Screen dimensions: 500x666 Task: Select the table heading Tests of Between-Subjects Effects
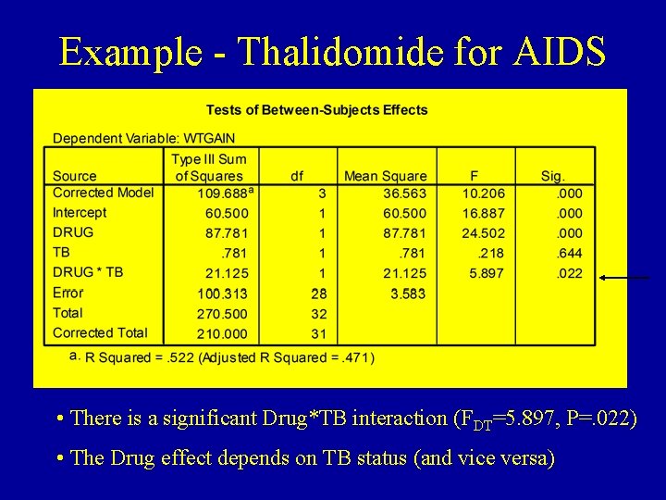tap(316, 109)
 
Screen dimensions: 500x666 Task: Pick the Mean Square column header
tap(385, 176)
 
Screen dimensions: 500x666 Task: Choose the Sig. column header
tap(553, 176)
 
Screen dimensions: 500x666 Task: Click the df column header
tap(296, 176)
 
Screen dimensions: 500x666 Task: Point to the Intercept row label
tap(80, 212)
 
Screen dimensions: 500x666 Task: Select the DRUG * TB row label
tap(88, 272)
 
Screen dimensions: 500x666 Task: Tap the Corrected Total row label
tap(100, 332)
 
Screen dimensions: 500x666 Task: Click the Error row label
tap(68, 293)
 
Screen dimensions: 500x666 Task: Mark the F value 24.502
tap(484, 233)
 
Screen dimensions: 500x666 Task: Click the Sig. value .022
tap(569, 273)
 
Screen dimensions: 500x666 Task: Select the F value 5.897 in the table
tap(487, 273)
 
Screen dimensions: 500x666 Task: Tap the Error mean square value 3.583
tap(408, 294)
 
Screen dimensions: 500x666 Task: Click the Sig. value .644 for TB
tap(569, 253)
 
